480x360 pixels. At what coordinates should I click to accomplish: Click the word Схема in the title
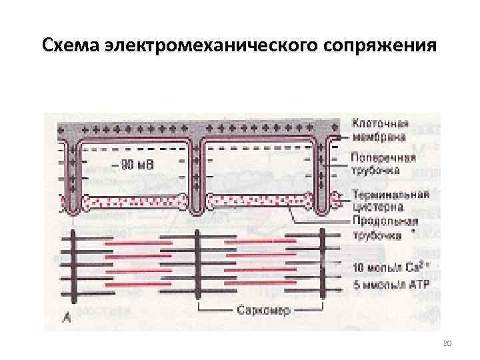point(73,47)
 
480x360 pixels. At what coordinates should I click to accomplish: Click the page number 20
point(447,343)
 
